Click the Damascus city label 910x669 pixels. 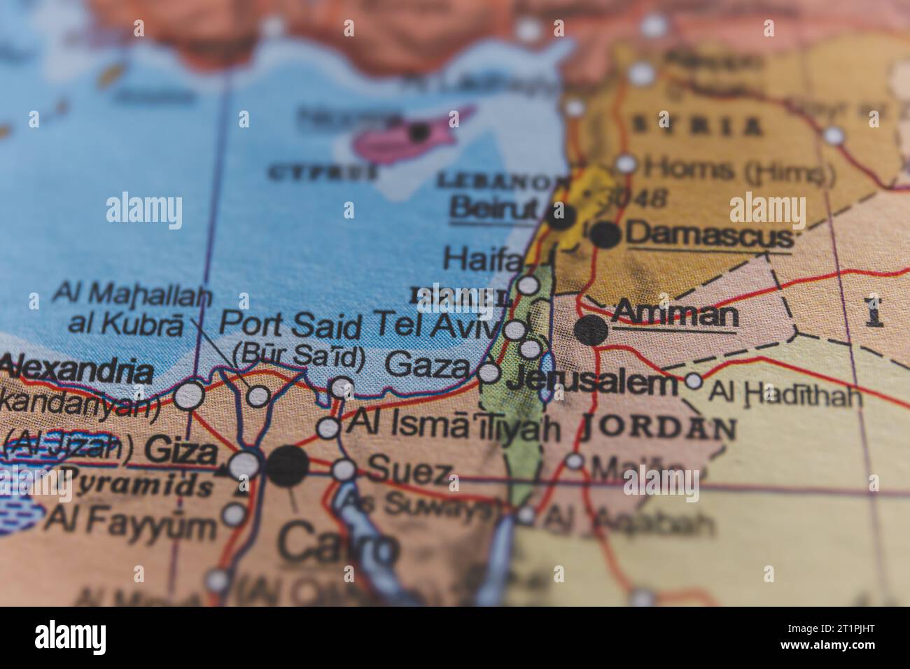(x=708, y=235)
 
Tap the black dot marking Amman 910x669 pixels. (x=592, y=329)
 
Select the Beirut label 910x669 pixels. (x=494, y=207)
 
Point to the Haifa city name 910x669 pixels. (x=484, y=260)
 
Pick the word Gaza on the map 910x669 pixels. (x=427, y=365)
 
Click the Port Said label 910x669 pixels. (x=290, y=324)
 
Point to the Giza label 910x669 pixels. (x=181, y=451)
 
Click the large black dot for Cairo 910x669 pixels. (x=287, y=466)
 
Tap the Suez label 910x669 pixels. (x=408, y=470)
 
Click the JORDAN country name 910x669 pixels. (x=659, y=426)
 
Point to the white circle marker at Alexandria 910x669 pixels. (x=188, y=396)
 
